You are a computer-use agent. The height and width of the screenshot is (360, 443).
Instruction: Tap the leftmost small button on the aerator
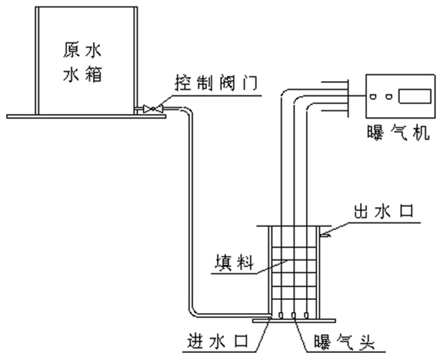tap(374, 97)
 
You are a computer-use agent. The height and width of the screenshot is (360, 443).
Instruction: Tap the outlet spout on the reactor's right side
tap(326, 235)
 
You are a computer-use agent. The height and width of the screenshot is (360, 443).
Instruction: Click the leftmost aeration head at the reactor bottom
tap(279, 314)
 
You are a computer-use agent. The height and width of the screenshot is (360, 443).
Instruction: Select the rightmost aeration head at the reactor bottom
tap(307, 314)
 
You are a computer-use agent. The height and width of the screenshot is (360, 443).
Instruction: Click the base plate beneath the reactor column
tap(293, 321)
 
